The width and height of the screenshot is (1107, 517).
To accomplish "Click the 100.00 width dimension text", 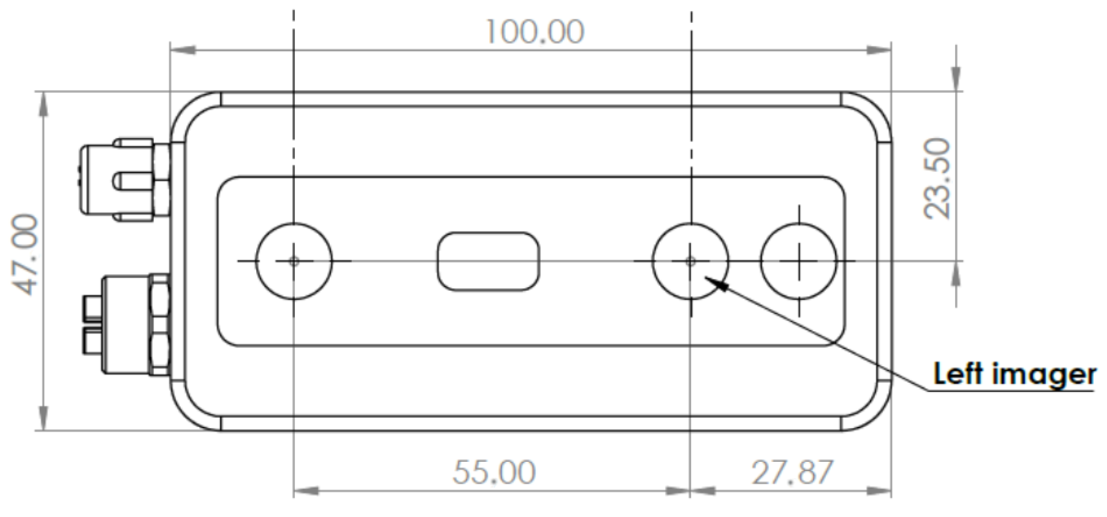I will (534, 32).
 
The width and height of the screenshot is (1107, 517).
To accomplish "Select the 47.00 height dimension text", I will (26, 255).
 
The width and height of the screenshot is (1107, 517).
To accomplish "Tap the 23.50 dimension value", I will (937, 179).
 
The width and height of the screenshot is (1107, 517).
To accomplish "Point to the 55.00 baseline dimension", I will (494, 472).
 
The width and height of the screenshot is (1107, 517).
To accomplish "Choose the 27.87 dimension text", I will (792, 472).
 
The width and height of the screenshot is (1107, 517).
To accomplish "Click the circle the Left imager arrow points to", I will (690, 261).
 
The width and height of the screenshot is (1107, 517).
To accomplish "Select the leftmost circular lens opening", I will (294, 261).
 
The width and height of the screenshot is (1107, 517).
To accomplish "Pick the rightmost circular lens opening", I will (799, 261).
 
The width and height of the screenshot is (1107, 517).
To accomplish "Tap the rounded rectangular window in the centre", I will (488, 261).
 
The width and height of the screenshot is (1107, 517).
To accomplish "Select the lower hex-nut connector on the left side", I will (131, 324).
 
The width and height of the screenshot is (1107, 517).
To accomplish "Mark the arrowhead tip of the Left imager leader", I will (708, 278).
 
